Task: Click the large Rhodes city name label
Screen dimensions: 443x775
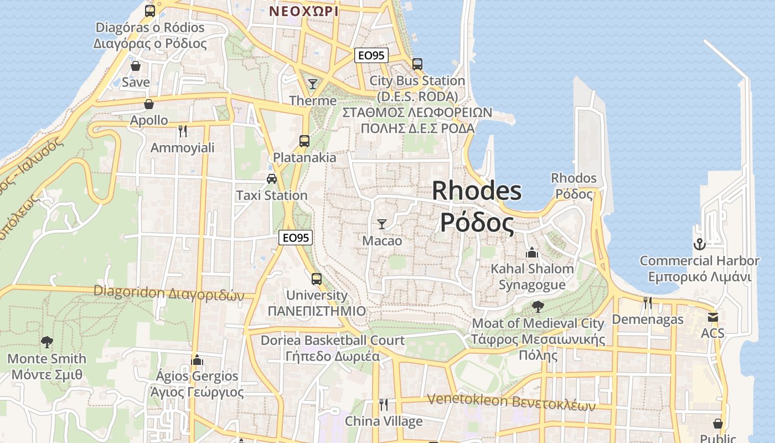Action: point(477,207)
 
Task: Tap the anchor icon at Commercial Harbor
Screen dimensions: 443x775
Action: point(699,244)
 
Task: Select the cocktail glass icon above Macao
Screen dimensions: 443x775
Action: point(382,224)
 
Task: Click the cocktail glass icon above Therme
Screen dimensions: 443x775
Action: point(313,84)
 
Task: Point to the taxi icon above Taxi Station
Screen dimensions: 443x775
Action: point(271,178)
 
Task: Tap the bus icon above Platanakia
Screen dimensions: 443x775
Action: point(304,141)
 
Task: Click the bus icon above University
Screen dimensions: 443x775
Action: point(317,279)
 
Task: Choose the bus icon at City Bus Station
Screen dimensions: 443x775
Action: point(417,64)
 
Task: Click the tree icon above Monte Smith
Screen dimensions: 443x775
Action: point(47,342)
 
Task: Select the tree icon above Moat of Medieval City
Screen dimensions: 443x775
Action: point(538,306)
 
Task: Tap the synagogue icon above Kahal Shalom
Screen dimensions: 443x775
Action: point(532,253)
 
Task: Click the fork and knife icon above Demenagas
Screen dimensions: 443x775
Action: point(648,303)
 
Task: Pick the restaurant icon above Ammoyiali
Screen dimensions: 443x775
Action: point(183,131)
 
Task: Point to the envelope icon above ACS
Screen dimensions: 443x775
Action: point(712,317)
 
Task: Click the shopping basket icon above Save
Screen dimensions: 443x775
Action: point(136,66)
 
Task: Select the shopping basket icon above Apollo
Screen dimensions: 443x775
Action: point(149,104)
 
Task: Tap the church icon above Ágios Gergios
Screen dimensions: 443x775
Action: point(197,360)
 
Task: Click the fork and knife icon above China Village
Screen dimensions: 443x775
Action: point(383,405)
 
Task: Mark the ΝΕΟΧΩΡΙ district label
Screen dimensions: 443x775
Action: point(304,11)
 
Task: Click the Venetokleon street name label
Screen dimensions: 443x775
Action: point(511,401)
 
